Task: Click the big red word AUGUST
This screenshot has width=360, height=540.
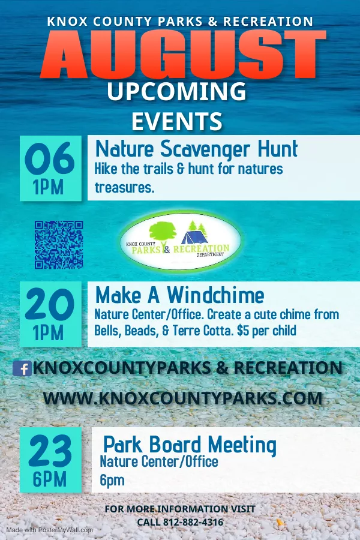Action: click(183, 55)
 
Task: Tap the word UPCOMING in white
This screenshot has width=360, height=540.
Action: click(177, 91)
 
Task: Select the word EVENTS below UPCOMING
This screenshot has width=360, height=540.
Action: click(177, 121)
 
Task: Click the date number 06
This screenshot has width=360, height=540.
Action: click(50, 159)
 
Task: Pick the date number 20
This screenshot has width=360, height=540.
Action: click(50, 304)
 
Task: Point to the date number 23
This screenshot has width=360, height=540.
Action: click(50, 451)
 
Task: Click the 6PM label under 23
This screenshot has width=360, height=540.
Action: click(50, 479)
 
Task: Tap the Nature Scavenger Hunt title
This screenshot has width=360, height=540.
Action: click(196, 149)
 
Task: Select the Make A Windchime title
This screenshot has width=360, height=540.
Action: click(179, 295)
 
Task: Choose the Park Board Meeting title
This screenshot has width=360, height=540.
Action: click(190, 445)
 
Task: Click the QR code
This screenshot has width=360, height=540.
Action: click(59, 245)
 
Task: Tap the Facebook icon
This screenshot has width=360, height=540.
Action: click(22, 368)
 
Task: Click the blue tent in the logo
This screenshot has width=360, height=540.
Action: click(194, 237)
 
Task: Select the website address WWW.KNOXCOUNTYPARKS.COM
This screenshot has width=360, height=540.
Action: click(183, 398)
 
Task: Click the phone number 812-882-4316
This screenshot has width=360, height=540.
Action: click(193, 522)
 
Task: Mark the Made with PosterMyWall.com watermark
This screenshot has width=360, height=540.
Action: click(50, 530)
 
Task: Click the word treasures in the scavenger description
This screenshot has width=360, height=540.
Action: click(124, 188)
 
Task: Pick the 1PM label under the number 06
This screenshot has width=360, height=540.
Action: click(48, 187)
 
